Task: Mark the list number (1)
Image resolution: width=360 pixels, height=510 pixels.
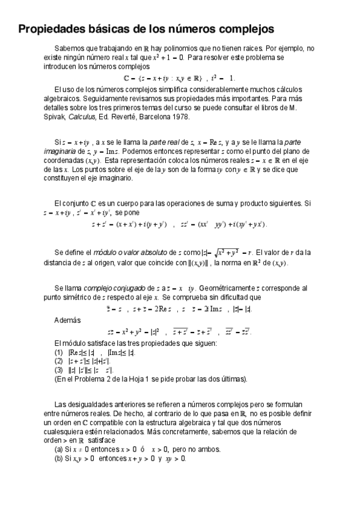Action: [58, 352]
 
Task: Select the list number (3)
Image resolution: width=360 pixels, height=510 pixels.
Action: [58, 370]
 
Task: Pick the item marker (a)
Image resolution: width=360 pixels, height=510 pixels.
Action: [58, 449]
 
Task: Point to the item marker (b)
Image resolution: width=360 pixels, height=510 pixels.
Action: [58, 458]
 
